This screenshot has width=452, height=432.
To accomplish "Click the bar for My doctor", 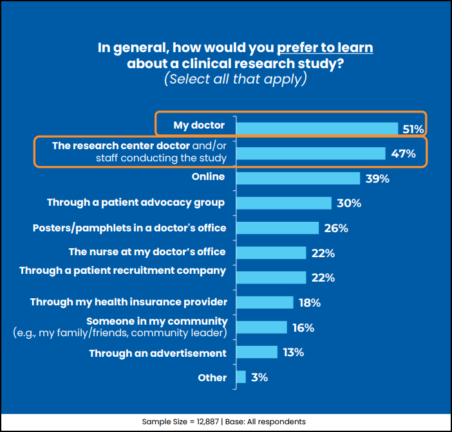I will (x=317, y=129).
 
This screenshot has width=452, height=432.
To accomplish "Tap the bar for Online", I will (x=298, y=178).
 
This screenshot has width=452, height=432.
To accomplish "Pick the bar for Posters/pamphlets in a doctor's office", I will (x=278, y=228).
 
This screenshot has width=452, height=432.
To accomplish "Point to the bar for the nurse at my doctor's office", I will (x=271, y=253).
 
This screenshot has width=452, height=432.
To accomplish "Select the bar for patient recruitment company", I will (x=271, y=277).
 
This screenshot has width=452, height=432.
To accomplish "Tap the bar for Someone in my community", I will (x=261, y=327).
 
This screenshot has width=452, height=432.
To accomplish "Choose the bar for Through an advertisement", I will (x=257, y=352).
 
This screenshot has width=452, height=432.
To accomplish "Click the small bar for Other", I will (x=241, y=377).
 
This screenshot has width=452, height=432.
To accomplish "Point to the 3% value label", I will (x=259, y=377).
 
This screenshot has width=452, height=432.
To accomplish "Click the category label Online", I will (x=209, y=177).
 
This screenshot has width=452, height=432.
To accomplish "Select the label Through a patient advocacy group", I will (x=136, y=203).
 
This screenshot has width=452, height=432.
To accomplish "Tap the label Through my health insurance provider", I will (x=129, y=301).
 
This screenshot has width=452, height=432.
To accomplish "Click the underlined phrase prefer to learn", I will (x=325, y=48).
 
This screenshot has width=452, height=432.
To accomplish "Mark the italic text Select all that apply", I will (x=235, y=79).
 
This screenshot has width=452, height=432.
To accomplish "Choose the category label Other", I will (x=212, y=377).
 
